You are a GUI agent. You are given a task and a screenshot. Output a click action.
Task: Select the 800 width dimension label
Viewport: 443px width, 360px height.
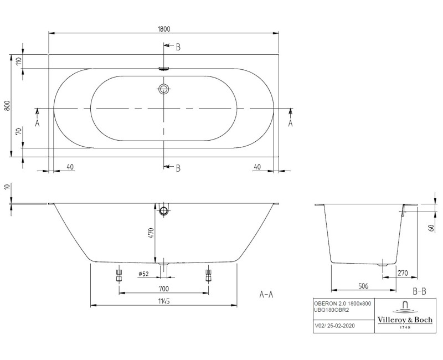click(7, 106)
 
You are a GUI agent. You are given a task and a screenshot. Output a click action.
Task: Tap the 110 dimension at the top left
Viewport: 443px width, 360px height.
click(18, 61)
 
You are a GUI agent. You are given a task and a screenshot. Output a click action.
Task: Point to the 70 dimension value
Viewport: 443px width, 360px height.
click(18, 132)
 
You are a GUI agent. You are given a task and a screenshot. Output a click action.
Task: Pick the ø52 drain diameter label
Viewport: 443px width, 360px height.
click(145, 273)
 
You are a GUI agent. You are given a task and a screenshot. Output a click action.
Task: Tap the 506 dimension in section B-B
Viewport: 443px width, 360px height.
click(363, 287)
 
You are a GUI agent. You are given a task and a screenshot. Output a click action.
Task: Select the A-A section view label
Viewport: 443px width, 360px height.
click(266, 295)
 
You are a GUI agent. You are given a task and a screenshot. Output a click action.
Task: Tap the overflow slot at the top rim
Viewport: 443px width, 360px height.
click(164, 69)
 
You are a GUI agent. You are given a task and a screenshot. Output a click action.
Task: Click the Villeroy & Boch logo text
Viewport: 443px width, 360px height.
click(405, 319)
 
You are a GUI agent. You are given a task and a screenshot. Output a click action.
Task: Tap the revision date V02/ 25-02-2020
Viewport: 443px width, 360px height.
click(331, 326)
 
